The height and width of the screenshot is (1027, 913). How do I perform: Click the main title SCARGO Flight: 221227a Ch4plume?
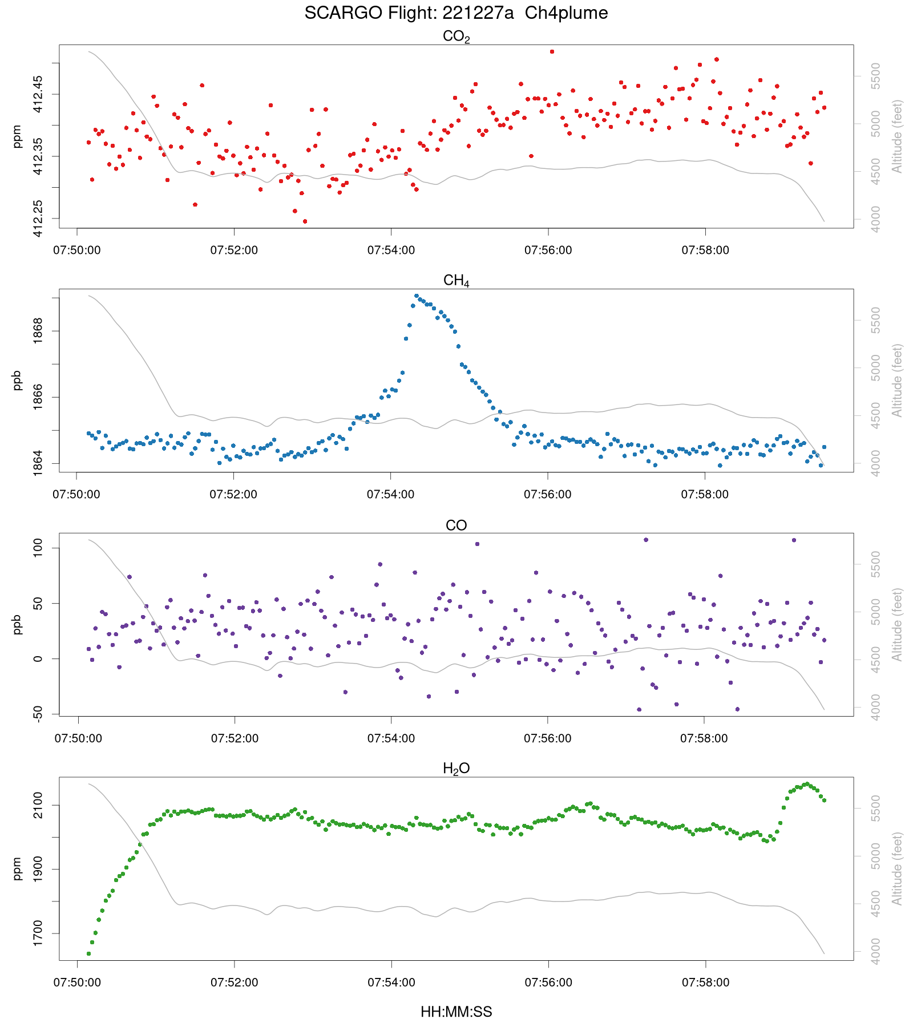click(x=456, y=13)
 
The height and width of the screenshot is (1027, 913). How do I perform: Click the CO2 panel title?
click(x=456, y=37)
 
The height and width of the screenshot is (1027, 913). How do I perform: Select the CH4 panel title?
click(x=456, y=281)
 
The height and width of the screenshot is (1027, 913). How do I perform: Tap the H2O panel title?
click(x=456, y=769)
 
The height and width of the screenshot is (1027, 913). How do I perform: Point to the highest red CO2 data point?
click(x=552, y=51)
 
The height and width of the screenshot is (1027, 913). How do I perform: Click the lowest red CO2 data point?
click(x=305, y=221)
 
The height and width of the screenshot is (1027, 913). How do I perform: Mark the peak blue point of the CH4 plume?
click(x=417, y=296)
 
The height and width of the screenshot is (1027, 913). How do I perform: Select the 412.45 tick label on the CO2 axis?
click(x=38, y=94)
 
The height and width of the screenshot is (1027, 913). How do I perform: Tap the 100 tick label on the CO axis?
click(x=38, y=548)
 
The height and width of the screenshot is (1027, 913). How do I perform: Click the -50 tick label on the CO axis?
click(x=38, y=713)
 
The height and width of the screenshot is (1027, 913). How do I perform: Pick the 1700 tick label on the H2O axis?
click(x=38, y=933)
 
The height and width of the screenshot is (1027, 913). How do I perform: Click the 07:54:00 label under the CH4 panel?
click(x=391, y=495)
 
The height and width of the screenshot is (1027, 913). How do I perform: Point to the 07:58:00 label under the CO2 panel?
click(x=705, y=250)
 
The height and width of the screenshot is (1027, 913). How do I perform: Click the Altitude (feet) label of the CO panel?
click(x=898, y=625)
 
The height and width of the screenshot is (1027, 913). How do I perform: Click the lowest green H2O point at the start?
click(x=88, y=953)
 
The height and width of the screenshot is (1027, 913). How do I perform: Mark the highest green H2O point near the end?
click(x=807, y=784)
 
